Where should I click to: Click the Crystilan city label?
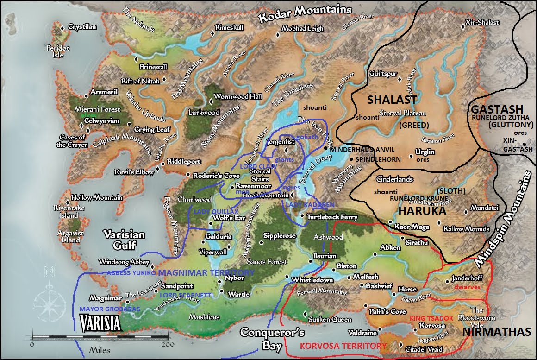[82, 27]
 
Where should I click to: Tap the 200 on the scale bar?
[168, 345]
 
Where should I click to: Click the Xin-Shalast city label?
[483, 23]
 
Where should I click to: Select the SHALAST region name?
[392, 100]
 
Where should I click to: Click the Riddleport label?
[184, 162]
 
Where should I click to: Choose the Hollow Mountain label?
[96, 197]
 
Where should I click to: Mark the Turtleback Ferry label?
[329, 217]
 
